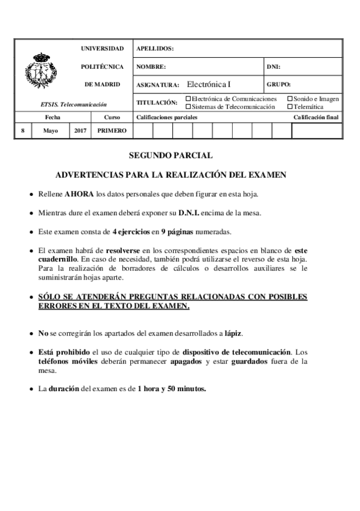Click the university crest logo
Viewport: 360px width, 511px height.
coord(42,73)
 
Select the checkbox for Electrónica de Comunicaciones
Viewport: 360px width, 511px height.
coord(188,99)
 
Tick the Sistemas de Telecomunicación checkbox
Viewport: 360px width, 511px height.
coord(188,107)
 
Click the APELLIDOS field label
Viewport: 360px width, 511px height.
coord(155,48)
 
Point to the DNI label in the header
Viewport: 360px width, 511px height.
coord(273,66)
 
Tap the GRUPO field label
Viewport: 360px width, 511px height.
coord(279,84)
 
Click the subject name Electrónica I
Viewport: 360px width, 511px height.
coord(209,84)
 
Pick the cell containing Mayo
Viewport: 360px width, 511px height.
coord(51,130)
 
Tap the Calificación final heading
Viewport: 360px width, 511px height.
coord(315,118)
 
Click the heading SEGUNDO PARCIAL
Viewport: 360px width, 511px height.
coord(171,155)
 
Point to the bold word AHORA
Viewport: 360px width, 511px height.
coord(79,195)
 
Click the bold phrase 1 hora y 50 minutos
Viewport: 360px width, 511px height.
coord(171,389)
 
